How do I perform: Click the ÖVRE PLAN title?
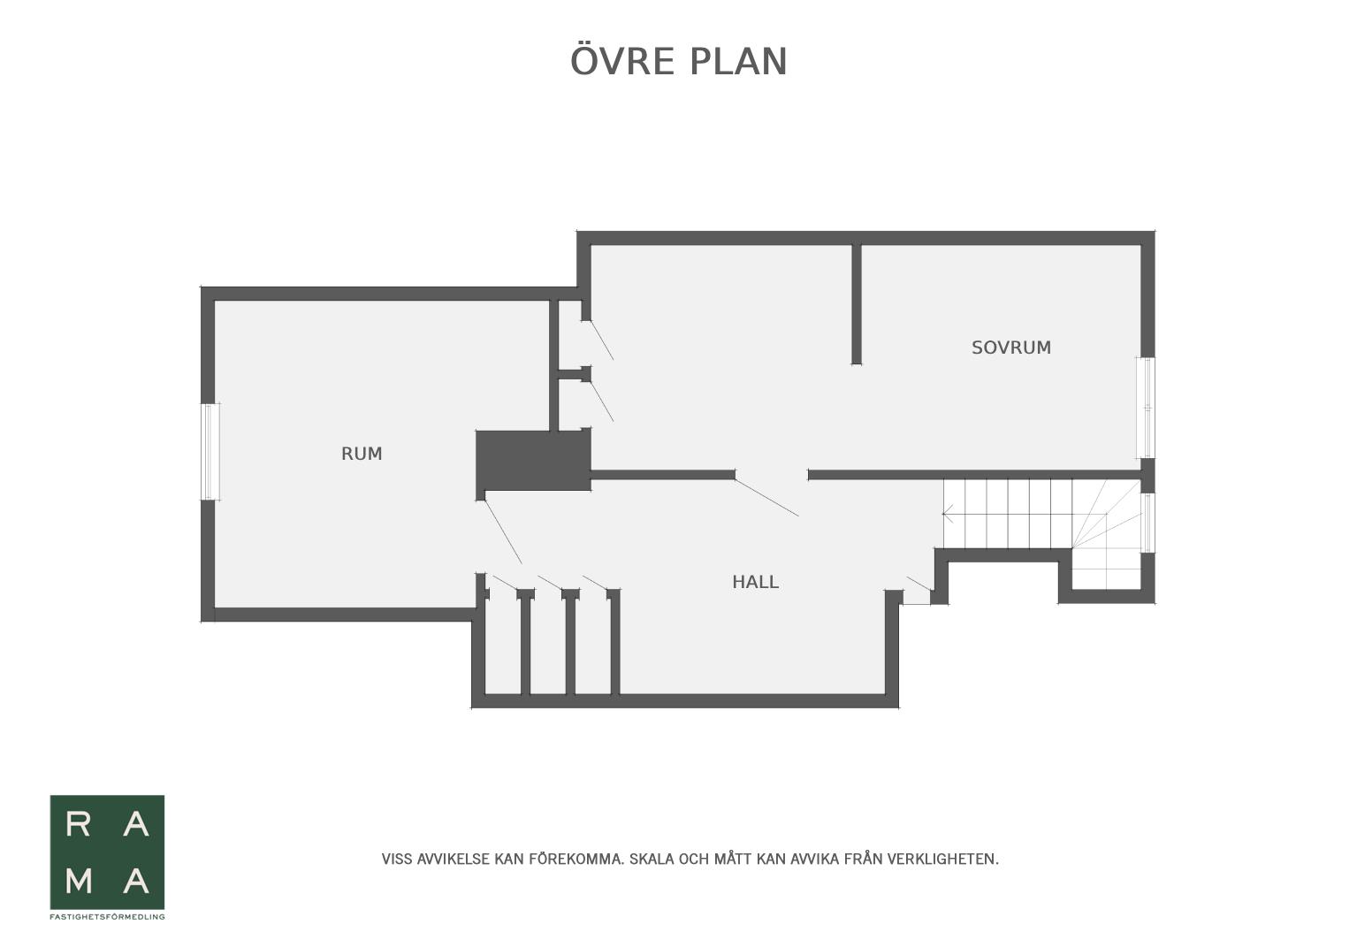coord(679,60)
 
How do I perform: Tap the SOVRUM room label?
coord(1011,348)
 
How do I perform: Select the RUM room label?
coord(362,454)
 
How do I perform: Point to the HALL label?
coord(756,583)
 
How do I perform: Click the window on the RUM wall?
coord(210,452)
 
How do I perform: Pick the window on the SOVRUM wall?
coord(1147,408)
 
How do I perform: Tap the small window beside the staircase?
coord(1147,523)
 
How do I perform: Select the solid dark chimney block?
coord(533,461)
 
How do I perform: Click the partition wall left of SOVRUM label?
coord(857,304)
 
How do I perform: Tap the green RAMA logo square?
coord(107,852)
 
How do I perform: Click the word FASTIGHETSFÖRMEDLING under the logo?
coord(107,916)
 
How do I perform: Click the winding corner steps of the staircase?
coord(1107,533)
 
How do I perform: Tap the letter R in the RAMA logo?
coord(78,824)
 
